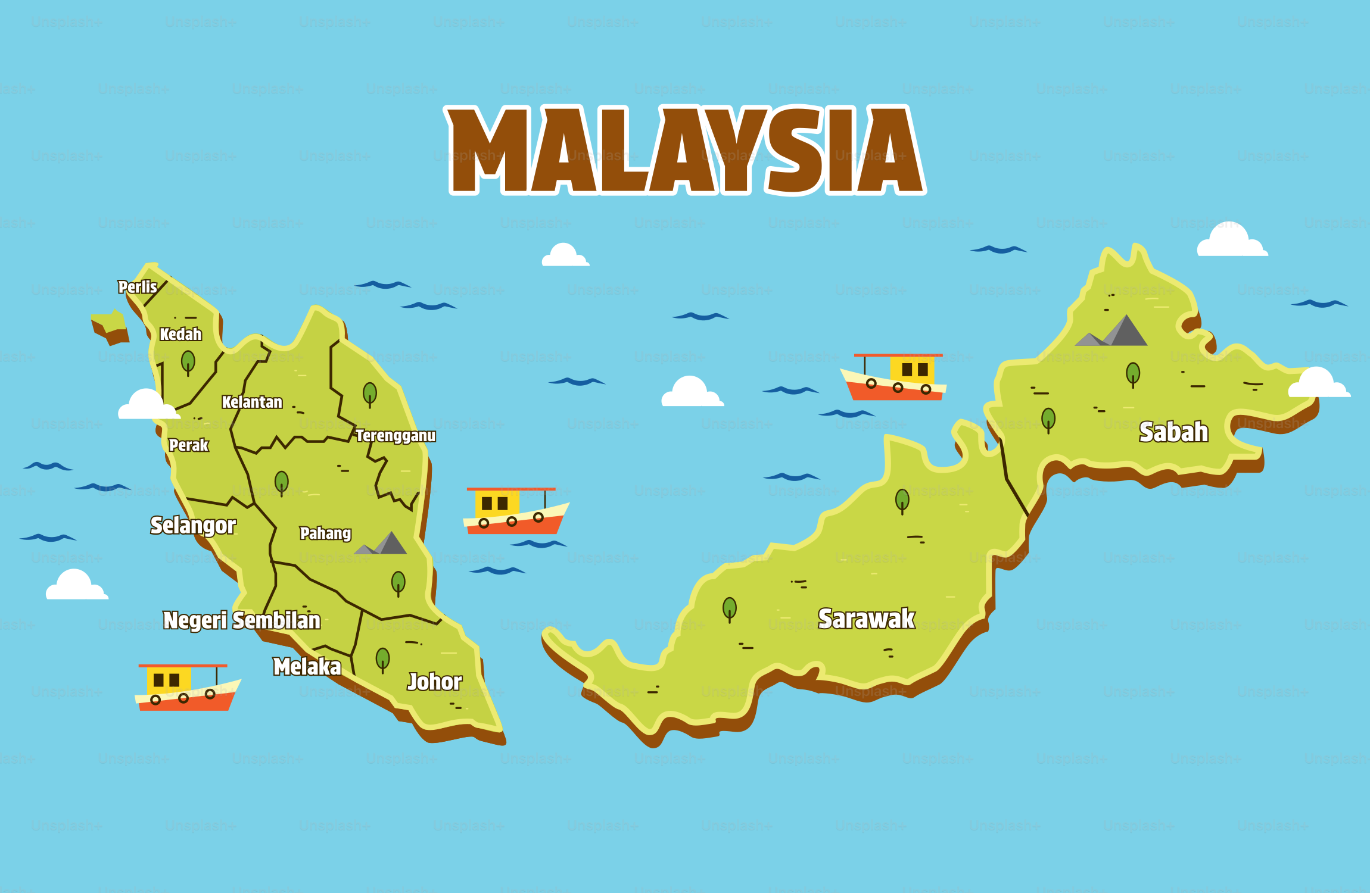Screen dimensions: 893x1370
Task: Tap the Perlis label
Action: (x=138, y=287)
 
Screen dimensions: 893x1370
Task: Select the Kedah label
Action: (x=180, y=335)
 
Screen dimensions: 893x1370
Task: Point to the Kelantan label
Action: (x=252, y=402)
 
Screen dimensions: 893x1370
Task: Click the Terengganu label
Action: (x=396, y=436)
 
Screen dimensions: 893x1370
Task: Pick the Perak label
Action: (x=188, y=445)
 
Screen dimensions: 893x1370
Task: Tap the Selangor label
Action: (x=193, y=525)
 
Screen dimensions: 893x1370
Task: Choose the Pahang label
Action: (x=325, y=533)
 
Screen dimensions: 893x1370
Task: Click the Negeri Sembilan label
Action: (x=242, y=620)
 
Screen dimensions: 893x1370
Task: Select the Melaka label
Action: (x=307, y=667)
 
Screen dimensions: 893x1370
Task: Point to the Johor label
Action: (x=434, y=682)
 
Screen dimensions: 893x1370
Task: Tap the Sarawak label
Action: (x=866, y=619)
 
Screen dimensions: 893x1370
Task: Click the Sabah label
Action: (x=1173, y=432)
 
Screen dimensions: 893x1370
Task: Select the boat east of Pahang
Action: (x=515, y=511)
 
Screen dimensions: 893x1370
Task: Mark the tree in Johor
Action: (x=382, y=659)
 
